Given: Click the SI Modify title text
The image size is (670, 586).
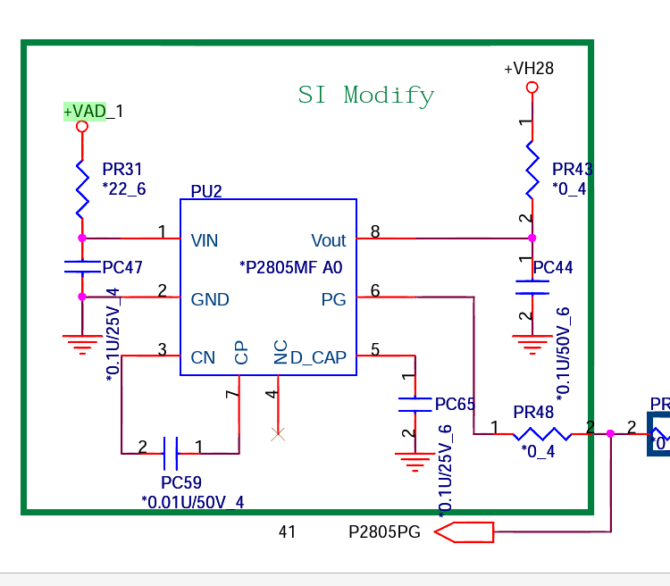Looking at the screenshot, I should pos(366,95).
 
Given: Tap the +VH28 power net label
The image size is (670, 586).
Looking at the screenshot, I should pos(529,69).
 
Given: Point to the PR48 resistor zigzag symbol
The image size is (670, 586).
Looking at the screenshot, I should pos(541,434).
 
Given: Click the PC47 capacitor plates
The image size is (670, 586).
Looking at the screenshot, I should pos(82,266).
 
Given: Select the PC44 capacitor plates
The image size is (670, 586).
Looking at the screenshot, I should pos(532,287).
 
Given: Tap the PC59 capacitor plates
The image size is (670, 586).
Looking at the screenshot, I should pos(172,453).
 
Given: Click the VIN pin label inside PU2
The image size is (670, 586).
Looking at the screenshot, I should pos(205,240).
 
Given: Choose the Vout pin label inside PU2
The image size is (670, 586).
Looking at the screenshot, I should pos(328,240).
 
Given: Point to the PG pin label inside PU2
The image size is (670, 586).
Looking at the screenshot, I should pos(333,300).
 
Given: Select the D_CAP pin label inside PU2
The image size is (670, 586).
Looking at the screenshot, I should pos(318,358).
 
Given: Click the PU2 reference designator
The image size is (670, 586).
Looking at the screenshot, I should pos(206,190).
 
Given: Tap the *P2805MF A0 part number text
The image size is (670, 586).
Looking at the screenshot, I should pos(291,266).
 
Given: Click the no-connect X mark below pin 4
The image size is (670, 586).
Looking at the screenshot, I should pos(278,434).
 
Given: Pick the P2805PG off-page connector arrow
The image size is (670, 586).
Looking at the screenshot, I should pos(465,532).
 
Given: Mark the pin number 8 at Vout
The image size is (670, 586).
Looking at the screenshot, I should pos(375,232).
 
